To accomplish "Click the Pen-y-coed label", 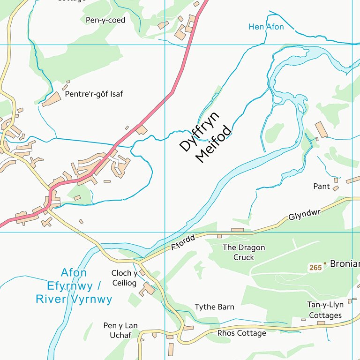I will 105,20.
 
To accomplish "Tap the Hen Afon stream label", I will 266,27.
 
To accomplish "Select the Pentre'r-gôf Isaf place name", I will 94,94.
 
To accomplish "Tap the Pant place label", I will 322,187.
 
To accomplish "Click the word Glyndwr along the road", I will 304,215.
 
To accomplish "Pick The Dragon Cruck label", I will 244,252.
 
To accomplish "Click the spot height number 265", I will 315,268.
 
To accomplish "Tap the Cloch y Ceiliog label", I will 124,278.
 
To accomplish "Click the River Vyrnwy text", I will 74,299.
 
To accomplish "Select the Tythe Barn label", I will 214,307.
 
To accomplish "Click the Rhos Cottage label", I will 241,333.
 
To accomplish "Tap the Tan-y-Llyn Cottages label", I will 325,310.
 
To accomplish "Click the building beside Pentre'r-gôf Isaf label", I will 51,99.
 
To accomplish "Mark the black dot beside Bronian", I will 325,264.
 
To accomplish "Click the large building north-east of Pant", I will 322,130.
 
